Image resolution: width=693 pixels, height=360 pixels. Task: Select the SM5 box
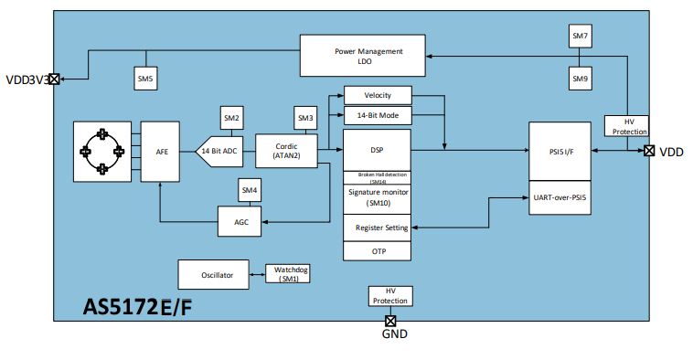tap(145, 79)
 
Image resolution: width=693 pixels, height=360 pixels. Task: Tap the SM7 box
tap(581, 37)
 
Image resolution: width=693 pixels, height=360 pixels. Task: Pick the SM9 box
tap(581, 79)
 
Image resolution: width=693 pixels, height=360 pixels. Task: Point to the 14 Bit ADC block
tap(220, 150)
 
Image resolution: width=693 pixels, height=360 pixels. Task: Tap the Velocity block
tap(377, 96)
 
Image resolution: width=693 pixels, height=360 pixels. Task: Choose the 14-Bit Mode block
tap(377, 115)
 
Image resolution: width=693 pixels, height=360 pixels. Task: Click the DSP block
tap(377, 149)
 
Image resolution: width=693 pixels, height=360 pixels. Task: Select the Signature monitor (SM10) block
tap(377, 197)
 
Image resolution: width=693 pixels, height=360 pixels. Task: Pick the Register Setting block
tap(377, 228)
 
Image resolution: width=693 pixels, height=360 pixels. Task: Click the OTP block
tap(377, 250)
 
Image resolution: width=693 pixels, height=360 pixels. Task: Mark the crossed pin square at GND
tap(390, 320)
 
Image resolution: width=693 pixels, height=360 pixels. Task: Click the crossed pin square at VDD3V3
tap(54, 79)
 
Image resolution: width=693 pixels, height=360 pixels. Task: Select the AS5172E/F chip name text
tap(138, 308)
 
